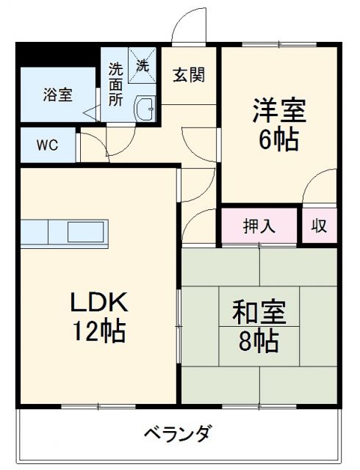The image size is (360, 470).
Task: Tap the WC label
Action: [x=48, y=144]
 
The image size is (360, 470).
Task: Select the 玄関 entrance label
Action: [x=189, y=74]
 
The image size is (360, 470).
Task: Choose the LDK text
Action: [x=99, y=302]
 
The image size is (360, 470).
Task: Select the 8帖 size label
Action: [x=256, y=340]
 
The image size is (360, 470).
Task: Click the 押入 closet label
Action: [x=259, y=225]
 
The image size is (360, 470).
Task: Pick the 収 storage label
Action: [x=319, y=225]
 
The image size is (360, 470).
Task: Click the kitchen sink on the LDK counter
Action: [x=87, y=232]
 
